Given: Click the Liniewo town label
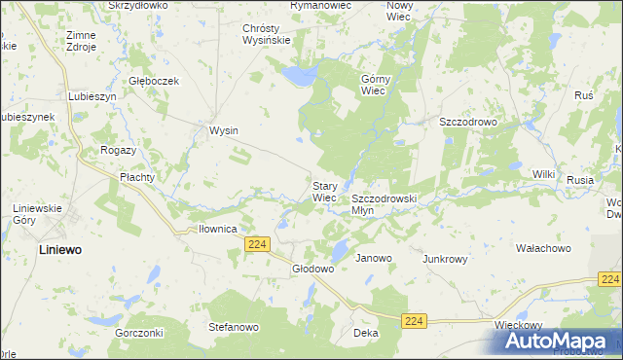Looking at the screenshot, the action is (x=47, y=249).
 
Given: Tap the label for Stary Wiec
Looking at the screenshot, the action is (x=324, y=191).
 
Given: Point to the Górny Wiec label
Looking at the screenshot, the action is (x=375, y=85).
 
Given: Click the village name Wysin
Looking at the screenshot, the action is (x=224, y=130).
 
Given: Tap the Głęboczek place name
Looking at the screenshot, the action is (x=155, y=81).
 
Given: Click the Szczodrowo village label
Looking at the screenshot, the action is (x=468, y=122).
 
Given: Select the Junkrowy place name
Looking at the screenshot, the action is (x=445, y=260).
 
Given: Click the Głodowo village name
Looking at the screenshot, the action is (x=313, y=269).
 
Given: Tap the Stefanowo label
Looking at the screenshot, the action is (x=234, y=328).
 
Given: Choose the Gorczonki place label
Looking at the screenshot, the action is (x=137, y=332).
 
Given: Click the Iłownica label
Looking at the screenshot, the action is (x=218, y=229).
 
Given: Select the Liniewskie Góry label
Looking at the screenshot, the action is (x=37, y=214).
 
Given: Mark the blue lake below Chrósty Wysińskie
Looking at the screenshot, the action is (x=298, y=75).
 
